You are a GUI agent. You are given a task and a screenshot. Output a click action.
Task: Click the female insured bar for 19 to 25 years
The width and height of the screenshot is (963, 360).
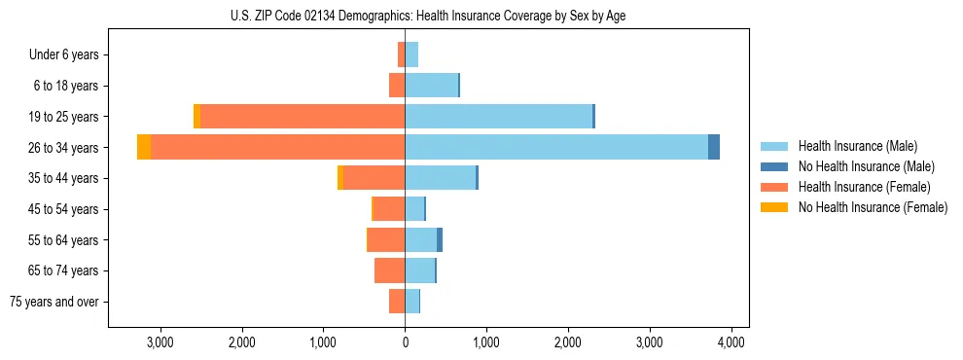[302, 116]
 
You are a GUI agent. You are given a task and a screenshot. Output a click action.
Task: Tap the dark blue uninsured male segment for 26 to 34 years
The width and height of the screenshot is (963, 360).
[714, 147]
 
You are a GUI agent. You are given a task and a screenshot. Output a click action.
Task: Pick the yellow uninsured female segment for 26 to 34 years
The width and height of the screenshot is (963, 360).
[144, 147]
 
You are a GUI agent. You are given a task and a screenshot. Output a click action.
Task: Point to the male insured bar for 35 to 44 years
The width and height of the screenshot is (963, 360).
[440, 178]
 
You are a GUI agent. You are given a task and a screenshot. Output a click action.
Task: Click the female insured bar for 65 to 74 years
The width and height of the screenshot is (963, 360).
[389, 270]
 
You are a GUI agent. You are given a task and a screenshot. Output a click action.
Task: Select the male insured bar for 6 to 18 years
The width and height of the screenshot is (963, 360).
[431, 86]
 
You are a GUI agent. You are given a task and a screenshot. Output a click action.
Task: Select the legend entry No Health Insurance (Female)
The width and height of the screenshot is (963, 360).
[873, 207]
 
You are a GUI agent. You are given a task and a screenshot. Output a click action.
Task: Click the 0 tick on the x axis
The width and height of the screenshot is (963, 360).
[405, 342]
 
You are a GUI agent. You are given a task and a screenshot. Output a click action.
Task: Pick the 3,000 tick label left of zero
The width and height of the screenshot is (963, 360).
[160, 342]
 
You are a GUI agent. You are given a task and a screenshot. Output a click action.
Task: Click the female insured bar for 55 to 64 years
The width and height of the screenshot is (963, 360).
[386, 239]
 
